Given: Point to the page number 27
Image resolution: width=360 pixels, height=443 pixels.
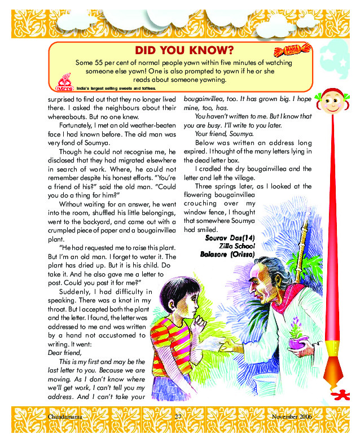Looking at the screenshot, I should (x=177, y=416).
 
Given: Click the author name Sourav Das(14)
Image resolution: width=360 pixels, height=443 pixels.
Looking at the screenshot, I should (x=231, y=239).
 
